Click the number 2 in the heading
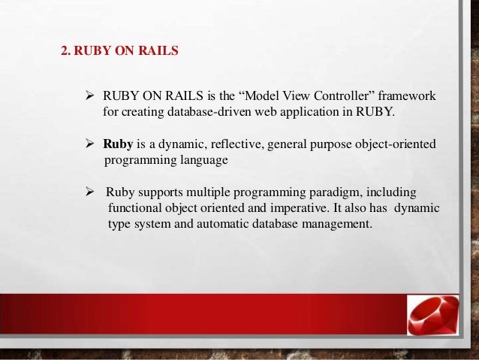coord(64,53)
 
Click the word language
coord(199,159)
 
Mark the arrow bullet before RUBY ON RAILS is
coord(89,97)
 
